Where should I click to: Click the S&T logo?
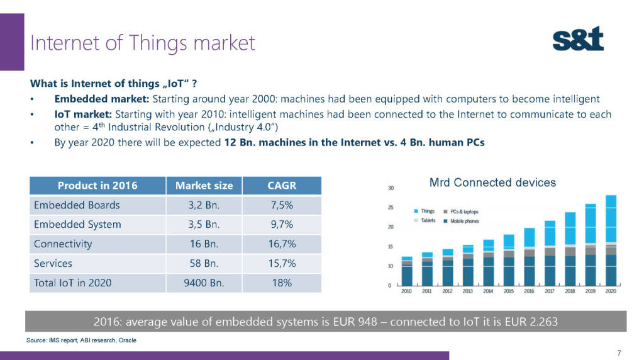point(578,39)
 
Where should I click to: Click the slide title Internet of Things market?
point(143,43)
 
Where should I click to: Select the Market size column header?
point(204,186)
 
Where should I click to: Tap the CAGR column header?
point(282,186)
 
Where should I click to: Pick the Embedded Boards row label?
point(77,205)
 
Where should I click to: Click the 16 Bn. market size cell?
point(204,244)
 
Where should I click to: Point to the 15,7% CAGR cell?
point(282,263)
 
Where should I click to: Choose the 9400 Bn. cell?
point(204,283)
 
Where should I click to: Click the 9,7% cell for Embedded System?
point(282,224)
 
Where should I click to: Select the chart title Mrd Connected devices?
point(492,183)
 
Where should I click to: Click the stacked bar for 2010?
point(407,271)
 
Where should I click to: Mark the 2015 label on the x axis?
point(508,291)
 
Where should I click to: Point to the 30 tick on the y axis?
point(391,188)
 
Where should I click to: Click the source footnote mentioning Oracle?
point(81,340)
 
